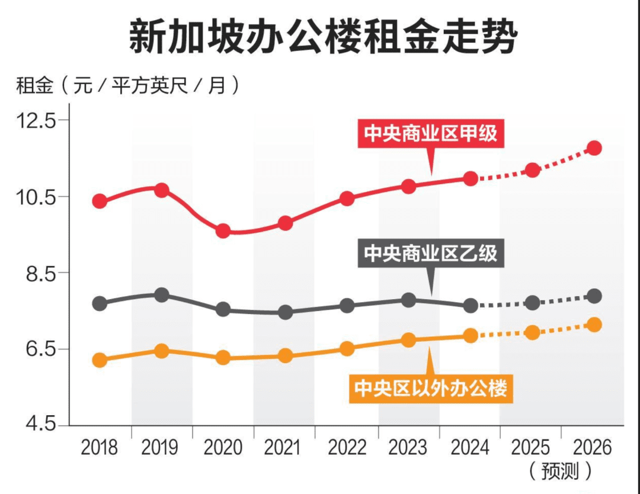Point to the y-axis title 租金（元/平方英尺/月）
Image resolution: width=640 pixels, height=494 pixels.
pyautogui.click(x=127, y=86)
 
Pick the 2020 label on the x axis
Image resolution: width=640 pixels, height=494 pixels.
pyautogui.click(x=223, y=448)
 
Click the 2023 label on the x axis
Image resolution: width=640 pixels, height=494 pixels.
pyautogui.click(x=408, y=448)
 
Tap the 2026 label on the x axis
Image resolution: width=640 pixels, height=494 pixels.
pyautogui.click(x=592, y=448)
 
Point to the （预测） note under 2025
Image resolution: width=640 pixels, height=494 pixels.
pyautogui.click(x=559, y=471)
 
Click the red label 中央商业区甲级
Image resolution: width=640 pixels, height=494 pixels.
pyautogui.click(x=431, y=134)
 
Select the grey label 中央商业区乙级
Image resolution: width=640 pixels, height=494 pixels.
pyautogui.click(x=431, y=254)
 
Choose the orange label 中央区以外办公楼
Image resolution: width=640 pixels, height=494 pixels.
pyautogui.click(x=431, y=389)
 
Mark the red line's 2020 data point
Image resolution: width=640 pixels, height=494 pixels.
pyautogui.click(x=223, y=231)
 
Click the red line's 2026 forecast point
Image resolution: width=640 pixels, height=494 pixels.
pyautogui.click(x=594, y=148)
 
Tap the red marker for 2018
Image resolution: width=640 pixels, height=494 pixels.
pyautogui.click(x=100, y=201)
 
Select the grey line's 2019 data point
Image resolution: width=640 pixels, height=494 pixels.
pyautogui.click(x=161, y=295)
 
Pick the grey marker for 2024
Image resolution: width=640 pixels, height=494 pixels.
pyautogui.click(x=471, y=306)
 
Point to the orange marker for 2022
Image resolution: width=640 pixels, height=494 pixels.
pyautogui.click(x=347, y=348)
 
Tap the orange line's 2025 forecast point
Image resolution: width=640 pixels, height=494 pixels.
pyautogui.click(x=532, y=332)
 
